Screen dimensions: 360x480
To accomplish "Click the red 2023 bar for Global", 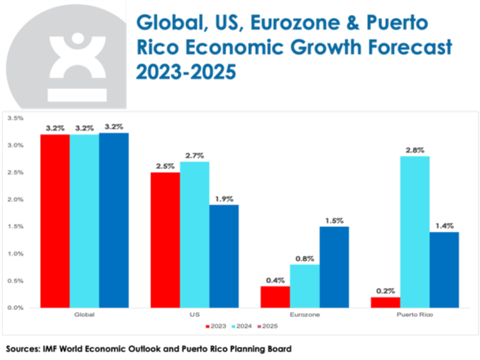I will (56, 221).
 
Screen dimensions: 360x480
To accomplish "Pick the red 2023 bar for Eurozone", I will (275, 297).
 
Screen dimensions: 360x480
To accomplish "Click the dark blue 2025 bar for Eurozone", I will (334, 267).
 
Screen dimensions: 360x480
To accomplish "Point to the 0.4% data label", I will (275, 279).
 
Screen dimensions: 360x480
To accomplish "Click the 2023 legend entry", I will (216, 325).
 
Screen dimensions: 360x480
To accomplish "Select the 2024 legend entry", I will (244, 325).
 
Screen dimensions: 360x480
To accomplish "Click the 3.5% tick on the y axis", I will (14, 118).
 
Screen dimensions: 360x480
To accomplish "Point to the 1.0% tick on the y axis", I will (14, 254).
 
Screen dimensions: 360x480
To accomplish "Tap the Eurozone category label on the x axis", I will (304, 315).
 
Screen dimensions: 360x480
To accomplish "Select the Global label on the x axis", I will (85, 315).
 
